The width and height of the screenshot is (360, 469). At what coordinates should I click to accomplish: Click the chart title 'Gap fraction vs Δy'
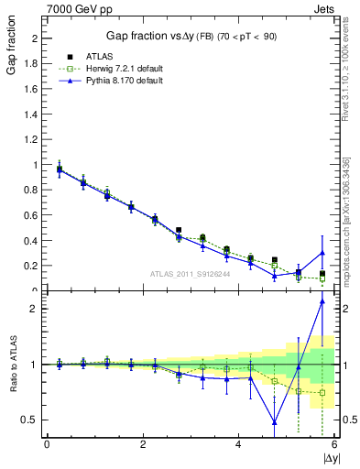click(147, 36)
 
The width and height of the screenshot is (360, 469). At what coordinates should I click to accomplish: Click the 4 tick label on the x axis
click(239, 444)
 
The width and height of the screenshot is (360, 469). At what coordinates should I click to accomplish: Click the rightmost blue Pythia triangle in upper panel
click(322, 253)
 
